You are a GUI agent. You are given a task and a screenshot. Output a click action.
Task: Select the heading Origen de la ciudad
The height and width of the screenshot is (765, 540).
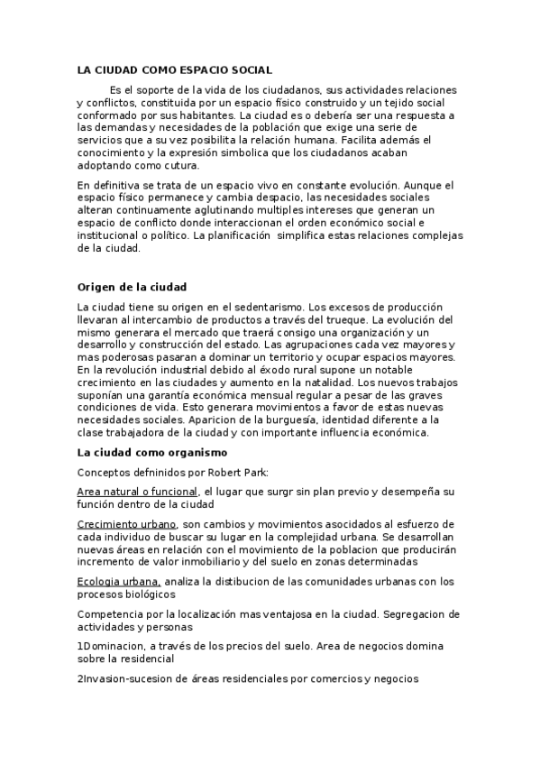(x=132, y=287)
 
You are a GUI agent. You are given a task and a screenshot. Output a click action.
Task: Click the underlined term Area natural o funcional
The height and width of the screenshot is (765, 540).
(x=137, y=491)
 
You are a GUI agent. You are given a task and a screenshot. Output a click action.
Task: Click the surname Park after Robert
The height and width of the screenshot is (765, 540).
(x=256, y=471)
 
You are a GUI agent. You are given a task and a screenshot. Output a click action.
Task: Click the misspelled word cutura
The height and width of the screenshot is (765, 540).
(x=180, y=165)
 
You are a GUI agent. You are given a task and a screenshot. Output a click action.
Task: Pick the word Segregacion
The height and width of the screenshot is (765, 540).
(x=421, y=614)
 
